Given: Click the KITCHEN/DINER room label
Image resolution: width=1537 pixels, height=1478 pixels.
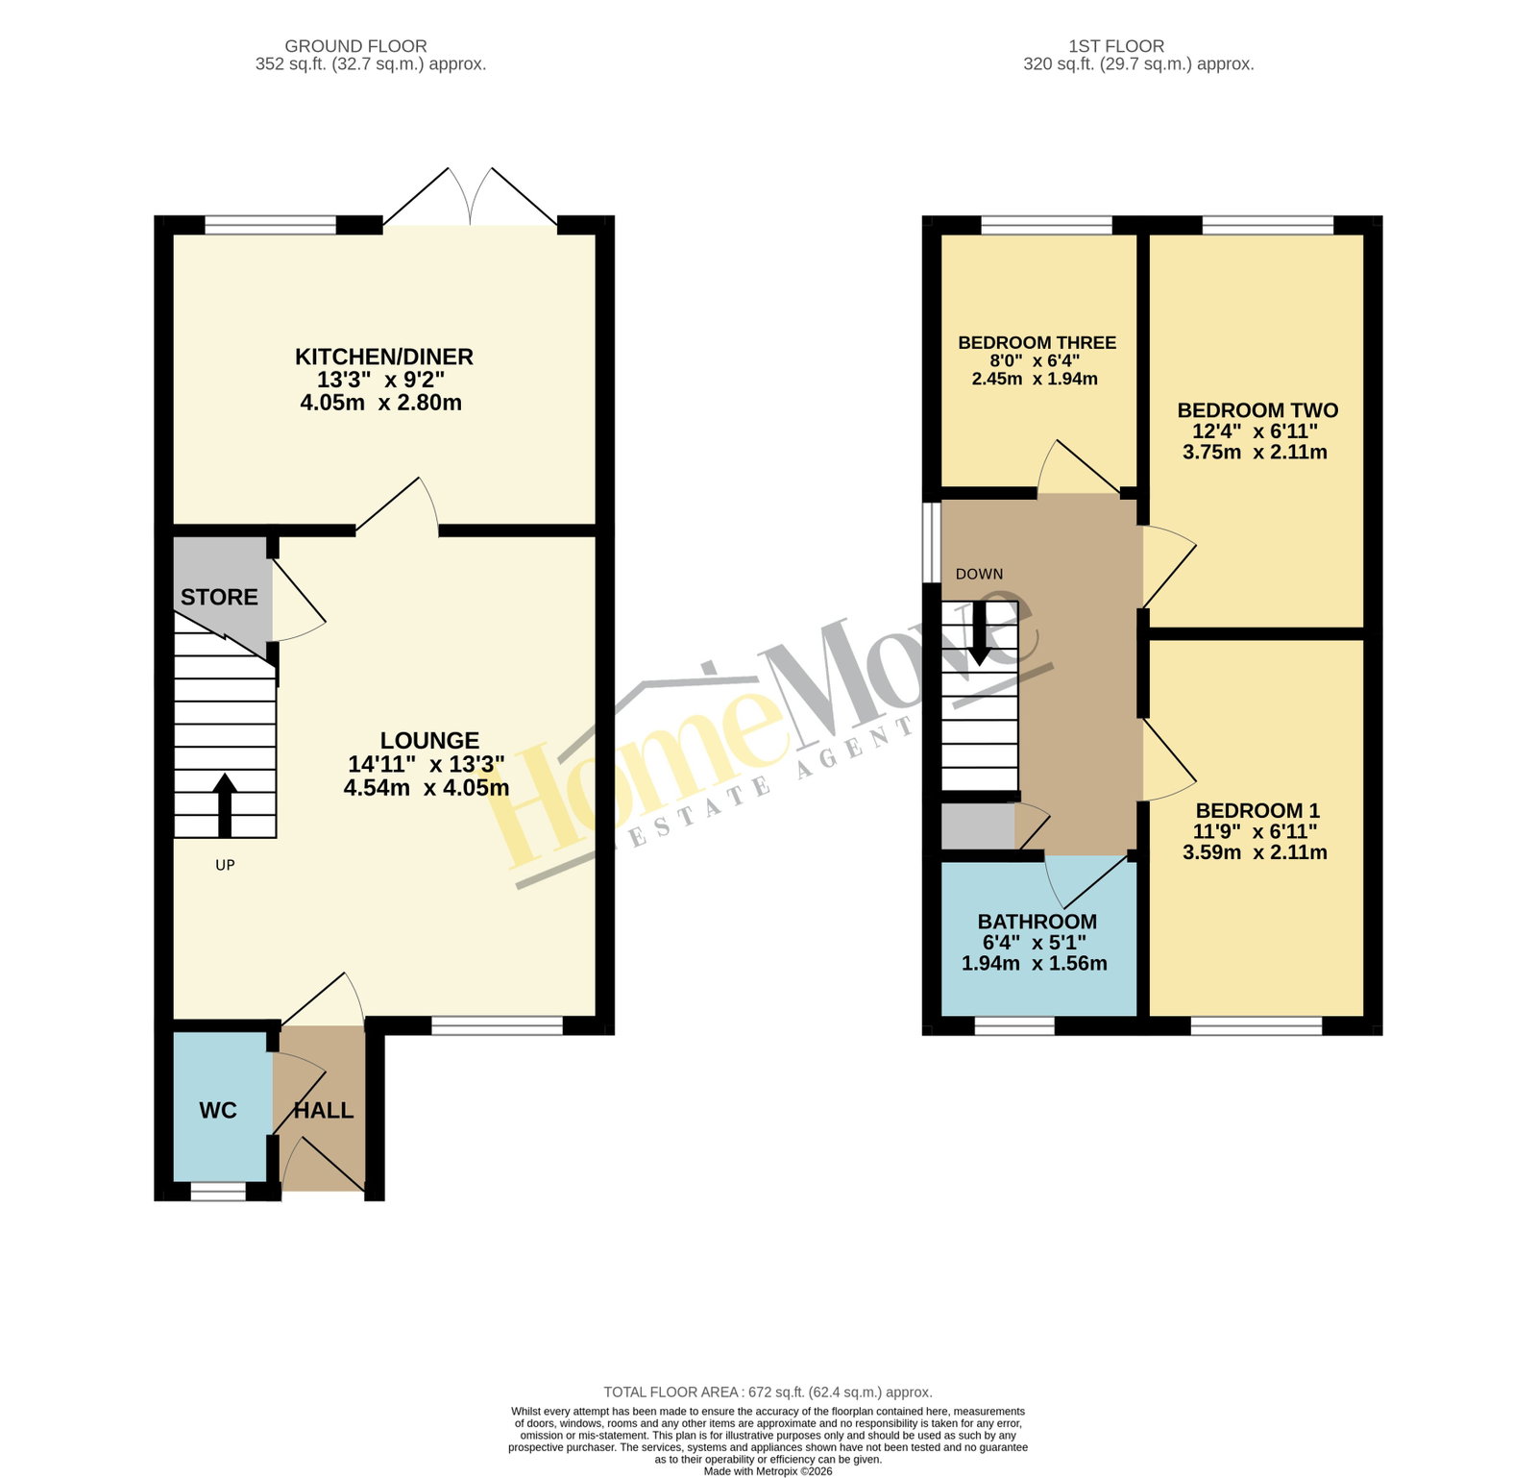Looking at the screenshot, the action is pyautogui.click(x=384, y=357).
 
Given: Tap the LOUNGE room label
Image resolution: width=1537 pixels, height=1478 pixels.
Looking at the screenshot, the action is pyautogui.click(x=429, y=740).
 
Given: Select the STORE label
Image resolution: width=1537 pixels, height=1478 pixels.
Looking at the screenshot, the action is pyautogui.click(x=219, y=597).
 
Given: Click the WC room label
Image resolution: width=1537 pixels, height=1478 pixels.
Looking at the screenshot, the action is pyautogui.click(x=218, y=1110).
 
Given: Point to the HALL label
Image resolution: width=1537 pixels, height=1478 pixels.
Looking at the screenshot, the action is pyautogui.click(x=324, y=1110).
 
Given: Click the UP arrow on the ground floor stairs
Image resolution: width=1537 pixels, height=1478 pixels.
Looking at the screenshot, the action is pyautogui.click(x=225, y=804).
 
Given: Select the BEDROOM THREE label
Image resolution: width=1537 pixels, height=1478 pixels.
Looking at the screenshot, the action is pyautogui.click(x=1037, y=342).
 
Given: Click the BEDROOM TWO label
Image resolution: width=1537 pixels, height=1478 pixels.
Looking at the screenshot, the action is pyautogui.click(x=1257, y=410).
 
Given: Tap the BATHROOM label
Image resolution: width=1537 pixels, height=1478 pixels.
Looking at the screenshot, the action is pyautogui.click(x=1037, y=922).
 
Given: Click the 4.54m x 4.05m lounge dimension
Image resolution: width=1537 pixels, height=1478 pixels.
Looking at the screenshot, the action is pyautogui.click(x=427, y=787).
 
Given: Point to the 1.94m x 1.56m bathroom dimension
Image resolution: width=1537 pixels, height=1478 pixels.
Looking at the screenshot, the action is pyautogui.click(x=1035, y=963).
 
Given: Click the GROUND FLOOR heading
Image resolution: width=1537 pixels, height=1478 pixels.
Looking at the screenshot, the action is pyautogui.click(x=356, y=46).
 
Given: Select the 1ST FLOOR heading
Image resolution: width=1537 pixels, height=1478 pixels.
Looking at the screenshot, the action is pyautogui.click(x=1116, y=46).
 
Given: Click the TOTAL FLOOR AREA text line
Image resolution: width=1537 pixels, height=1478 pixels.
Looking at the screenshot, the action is pyautogui.click(x=768, y=1392).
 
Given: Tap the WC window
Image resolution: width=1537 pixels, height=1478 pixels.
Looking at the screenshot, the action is pyautogui.click(x=218, y=1192).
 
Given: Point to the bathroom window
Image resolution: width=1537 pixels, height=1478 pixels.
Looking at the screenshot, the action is pyautogui.click(x=1014, y=1025).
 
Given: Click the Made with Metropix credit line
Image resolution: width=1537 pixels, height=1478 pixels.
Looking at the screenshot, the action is pyautogui.click(x=768, y=1471).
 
